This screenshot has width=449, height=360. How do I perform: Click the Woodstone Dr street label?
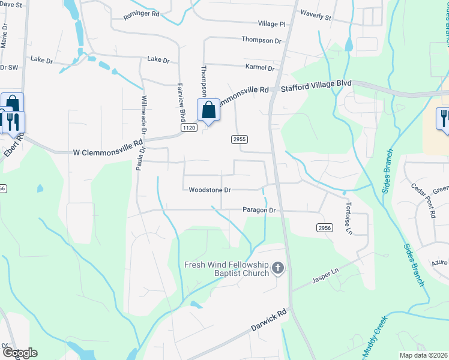click(209, 190)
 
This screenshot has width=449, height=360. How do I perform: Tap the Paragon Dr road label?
click(259, 211)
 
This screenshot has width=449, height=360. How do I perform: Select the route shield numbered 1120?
click(188, 128)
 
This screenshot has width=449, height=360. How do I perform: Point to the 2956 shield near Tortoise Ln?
click(324, 228)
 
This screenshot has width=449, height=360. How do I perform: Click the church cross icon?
click(277, 268)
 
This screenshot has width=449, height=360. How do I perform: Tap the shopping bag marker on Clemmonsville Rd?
click(208, 111)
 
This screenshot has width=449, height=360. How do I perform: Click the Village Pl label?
click(272, 24)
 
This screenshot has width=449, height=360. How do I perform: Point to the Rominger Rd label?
click(142, 13)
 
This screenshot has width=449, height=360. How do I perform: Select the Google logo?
click(20, 353)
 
